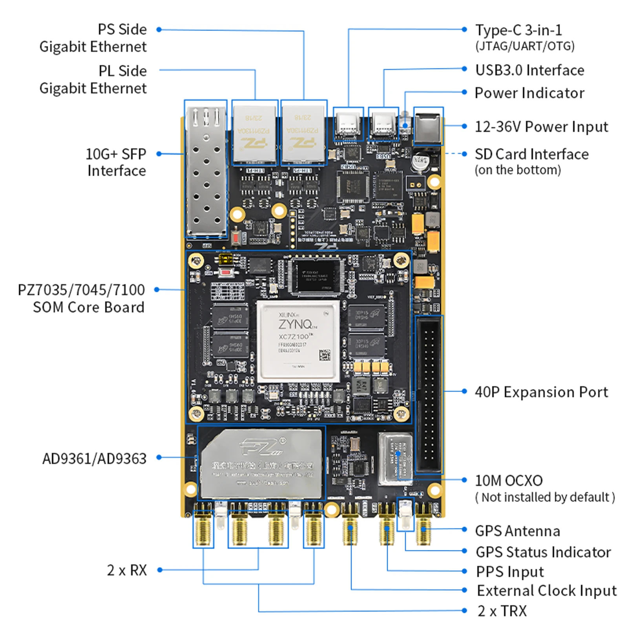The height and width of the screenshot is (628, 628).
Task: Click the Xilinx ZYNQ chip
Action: point(298,341)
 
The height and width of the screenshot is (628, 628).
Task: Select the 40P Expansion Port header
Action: point(429,394)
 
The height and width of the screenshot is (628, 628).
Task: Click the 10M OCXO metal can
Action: point(395,458)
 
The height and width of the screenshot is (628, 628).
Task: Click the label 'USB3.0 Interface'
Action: point(529,70)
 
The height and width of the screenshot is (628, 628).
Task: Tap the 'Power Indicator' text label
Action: point(529,93)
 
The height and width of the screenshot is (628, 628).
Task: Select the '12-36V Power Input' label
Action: point(541,127)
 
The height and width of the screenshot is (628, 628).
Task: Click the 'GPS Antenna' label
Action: point(517,531)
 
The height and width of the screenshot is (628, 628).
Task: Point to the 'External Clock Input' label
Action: point(546,590)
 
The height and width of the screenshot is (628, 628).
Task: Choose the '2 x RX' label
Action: point(127,570)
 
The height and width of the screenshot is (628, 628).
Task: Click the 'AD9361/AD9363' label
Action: point(94,458)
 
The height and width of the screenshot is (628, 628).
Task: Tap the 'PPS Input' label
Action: point(510,571)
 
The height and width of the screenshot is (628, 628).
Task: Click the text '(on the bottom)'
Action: point(517,170)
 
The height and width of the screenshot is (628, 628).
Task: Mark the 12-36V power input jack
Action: point(428,126)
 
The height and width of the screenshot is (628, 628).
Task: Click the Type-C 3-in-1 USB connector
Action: point(348,124)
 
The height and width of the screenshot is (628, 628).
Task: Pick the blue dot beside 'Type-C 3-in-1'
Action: point(464,29)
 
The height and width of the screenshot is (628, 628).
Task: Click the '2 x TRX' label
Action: point(502,611)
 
